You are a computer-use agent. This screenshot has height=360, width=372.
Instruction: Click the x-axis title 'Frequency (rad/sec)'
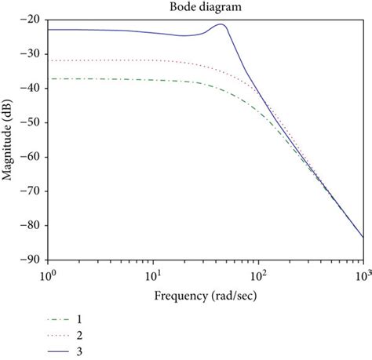(x=205, y=296)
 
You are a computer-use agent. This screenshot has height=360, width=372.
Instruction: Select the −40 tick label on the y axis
(x=32, y=89)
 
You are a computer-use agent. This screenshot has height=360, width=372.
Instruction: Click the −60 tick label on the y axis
(x=32, y=157)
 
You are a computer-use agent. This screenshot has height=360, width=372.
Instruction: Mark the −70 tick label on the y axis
(x=32, y=191)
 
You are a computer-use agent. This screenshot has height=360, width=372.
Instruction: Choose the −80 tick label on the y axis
(x=32, y=225)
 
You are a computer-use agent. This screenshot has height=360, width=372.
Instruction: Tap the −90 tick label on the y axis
(x=32, y=260)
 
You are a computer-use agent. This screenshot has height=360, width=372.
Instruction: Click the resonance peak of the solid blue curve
(x=222, y=24)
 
